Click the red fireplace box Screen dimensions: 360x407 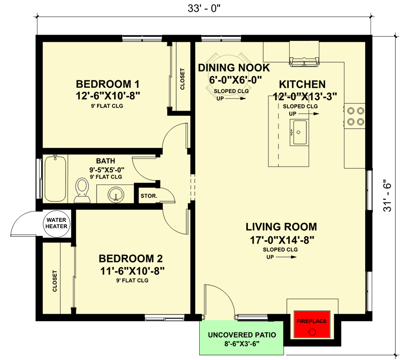pyautogui.click(x=311, y=324)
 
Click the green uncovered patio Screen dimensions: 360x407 pyautogui.click(x=242, y=338)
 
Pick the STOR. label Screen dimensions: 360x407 pyautogui.click(x=149, y=196)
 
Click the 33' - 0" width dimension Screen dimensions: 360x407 pyautogui.click(x=203, y=8)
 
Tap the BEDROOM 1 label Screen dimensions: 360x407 pyautogui.click(x=107, y=84)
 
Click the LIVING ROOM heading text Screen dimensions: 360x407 pyautogui.click(x=281, y=227)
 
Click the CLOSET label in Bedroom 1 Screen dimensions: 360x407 pyautogui.click(x=182, y=79)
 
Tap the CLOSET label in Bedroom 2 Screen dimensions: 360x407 pyautogui.click(x=54, y=281)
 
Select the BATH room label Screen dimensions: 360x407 pyautogui.click(x=105, y=161)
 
